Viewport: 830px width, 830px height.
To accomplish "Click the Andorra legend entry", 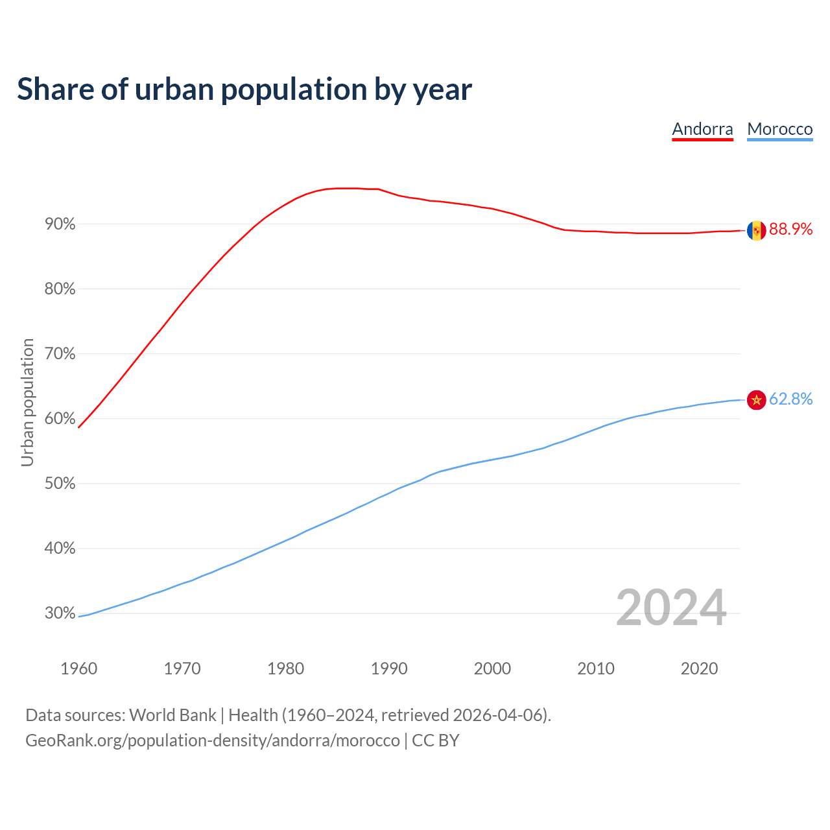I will [x=702, y=129].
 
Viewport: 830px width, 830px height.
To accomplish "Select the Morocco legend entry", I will [x=779, y=129].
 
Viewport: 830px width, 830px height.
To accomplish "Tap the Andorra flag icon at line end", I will [x=756, y=230].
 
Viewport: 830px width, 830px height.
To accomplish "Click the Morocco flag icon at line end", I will [x=756, y=400].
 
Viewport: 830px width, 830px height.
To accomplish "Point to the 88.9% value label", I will [x=790, y=230].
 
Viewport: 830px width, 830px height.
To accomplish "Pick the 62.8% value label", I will [x=790, y=399].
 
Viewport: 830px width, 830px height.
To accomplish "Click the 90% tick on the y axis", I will [x=60, y=224].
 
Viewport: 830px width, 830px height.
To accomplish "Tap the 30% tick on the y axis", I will [x=60, y=613].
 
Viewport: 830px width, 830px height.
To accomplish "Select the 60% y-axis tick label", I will [x=60, y=419].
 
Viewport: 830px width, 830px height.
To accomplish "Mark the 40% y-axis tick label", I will [x=60, y=549].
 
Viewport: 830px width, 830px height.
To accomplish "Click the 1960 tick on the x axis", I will [x=78, y=669].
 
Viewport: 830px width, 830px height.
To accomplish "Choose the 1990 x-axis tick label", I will [x=389, y=669].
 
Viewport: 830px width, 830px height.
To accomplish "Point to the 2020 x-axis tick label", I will [x=699, y=669].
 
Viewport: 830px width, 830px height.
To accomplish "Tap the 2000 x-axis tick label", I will [x=492, y=669].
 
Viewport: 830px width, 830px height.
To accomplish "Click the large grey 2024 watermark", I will [x=670, y=608].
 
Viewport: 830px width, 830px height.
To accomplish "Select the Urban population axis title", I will [x=27, y=402].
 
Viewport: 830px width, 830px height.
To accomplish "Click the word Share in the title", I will [x=54, y=89].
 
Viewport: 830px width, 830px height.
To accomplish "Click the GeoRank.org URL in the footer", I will [x=213, y=741].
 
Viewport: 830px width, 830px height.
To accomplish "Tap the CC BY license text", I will [x=436, y=741].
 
